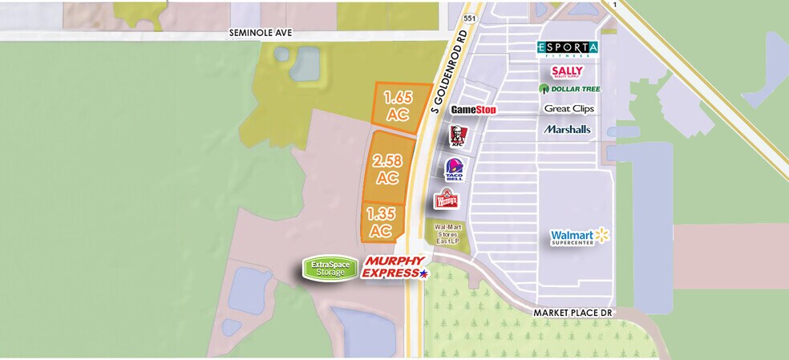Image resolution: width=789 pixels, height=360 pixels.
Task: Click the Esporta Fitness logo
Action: point(567,49)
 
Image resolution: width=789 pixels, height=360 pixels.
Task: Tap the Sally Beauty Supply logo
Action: point(567,71)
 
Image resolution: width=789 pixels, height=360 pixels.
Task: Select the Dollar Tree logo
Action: point(569,89)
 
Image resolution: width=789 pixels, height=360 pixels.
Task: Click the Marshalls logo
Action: point(567,128)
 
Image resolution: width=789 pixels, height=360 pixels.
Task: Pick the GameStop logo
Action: point(473,109)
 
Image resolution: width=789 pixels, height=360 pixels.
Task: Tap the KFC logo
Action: point(455,136)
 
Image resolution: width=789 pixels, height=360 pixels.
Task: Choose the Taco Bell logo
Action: point(455,169)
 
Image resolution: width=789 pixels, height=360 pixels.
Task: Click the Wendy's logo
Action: point(446,199)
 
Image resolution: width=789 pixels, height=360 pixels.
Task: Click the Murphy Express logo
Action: point(394,268)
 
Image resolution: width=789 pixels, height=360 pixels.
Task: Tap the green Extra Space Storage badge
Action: point(330,269)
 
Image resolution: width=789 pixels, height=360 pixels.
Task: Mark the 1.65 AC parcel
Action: point(398,107)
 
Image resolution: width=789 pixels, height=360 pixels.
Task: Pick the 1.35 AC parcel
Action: point(381,222)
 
